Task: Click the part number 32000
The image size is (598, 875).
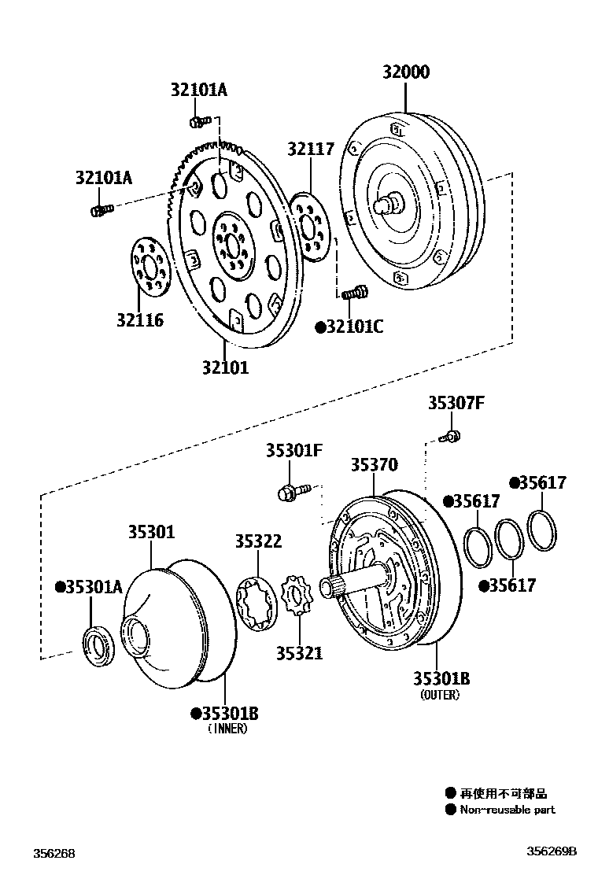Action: click(x=406, y=72)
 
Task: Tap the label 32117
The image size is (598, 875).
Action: click(x=310, y=149)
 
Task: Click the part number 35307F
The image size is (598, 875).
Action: click(x=456, y=403)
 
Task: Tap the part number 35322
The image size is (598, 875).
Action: click(x=257, y=541)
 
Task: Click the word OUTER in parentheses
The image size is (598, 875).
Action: click(x=440, y=696)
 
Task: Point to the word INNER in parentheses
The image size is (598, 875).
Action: click(x=227, y=729)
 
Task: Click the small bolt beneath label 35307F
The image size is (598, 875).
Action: click(x=452, y=435)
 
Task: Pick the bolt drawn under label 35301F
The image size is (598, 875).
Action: click(x=292, y=493)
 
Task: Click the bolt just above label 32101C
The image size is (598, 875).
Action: click(x=353, y=294)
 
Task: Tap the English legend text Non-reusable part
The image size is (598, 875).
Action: click(x=507, y=810)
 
